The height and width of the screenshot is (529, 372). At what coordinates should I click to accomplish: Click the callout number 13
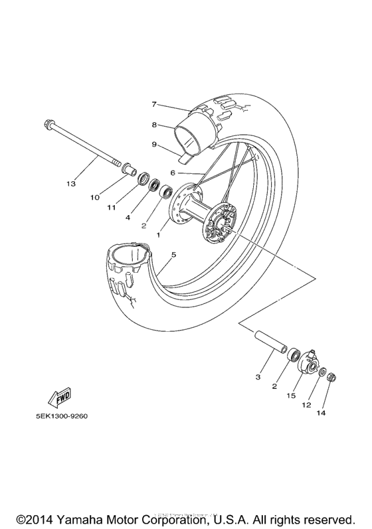click(x=71, y=183)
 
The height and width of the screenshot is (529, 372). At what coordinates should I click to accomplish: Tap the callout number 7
click(x=153, y=104)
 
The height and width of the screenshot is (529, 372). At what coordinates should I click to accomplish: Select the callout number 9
click(x=153, y=144)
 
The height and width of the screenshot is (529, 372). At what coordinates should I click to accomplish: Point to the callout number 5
click(x=173, y=255)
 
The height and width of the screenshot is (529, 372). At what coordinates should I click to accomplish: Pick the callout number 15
click(x=290, y=395)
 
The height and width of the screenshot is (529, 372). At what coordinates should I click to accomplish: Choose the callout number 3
click(x=257, y=377)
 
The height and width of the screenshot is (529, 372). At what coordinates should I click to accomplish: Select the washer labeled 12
click(x=321, y=374)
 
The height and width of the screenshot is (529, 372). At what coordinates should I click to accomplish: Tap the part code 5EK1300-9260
click(x=58, y=417)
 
